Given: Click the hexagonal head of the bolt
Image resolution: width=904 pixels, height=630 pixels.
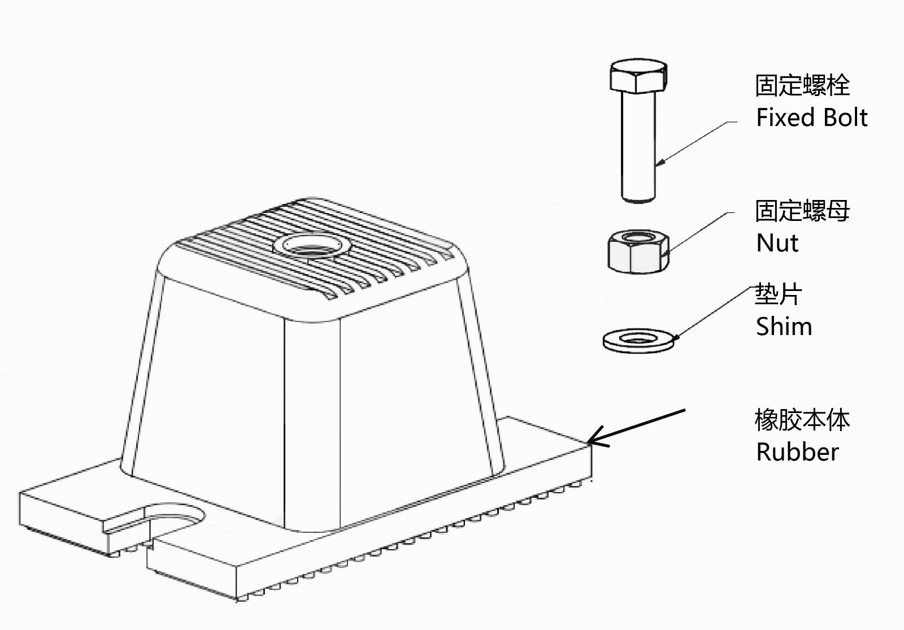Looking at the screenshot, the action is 639,76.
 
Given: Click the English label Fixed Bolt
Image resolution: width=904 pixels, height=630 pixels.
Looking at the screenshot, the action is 811,118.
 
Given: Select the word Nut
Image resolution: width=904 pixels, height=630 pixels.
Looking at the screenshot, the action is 777,243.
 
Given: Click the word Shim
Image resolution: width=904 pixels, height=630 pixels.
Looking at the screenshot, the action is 784,327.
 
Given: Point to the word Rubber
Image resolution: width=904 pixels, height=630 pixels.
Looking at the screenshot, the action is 797,452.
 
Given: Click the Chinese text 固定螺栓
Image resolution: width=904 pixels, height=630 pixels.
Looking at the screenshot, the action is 802,85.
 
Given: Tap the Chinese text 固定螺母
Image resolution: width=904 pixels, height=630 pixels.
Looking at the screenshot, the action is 802,211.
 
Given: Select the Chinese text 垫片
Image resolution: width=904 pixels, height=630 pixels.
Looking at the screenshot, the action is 779,294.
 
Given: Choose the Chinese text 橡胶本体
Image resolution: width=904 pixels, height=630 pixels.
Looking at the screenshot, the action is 802,420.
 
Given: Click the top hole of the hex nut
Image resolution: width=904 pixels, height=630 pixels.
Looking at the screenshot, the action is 638,237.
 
